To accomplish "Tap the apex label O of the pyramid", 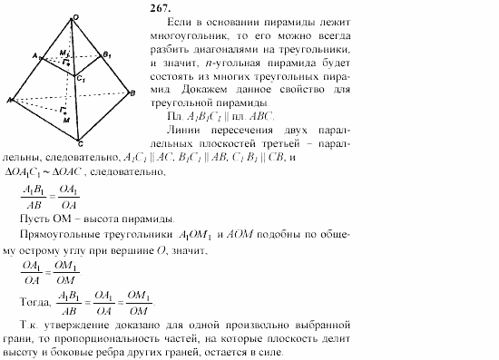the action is (x=76, y=17).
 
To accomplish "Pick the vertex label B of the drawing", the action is (x=133, y=93).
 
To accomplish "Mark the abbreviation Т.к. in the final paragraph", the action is (x=31, y=324).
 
